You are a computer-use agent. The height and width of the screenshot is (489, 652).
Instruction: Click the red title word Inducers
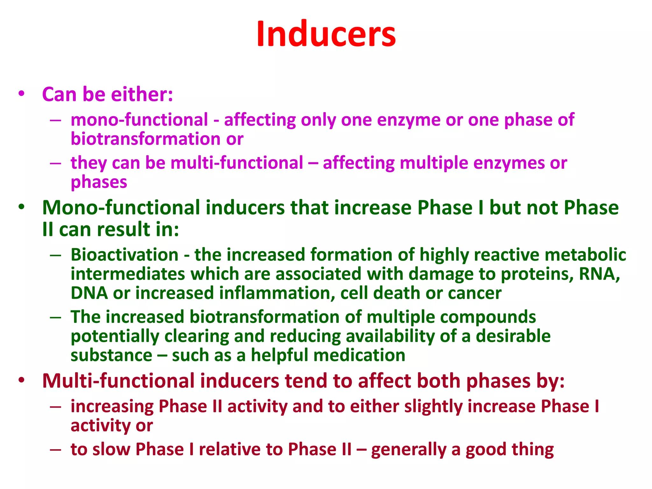click(x=326, y=34)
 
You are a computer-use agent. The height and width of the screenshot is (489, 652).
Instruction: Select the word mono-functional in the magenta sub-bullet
click(x=139, y=120)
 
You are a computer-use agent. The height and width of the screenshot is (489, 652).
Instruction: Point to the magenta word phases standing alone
click(x=99, y=182)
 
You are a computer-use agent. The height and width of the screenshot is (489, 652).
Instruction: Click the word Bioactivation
click(x=124, y=255)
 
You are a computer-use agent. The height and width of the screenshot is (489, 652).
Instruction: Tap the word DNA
click(x=89, y=293)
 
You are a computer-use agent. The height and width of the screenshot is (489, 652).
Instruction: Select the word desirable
click(x=513, y=336)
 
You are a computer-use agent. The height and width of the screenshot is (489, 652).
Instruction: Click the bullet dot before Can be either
click(x=21, y=94)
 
